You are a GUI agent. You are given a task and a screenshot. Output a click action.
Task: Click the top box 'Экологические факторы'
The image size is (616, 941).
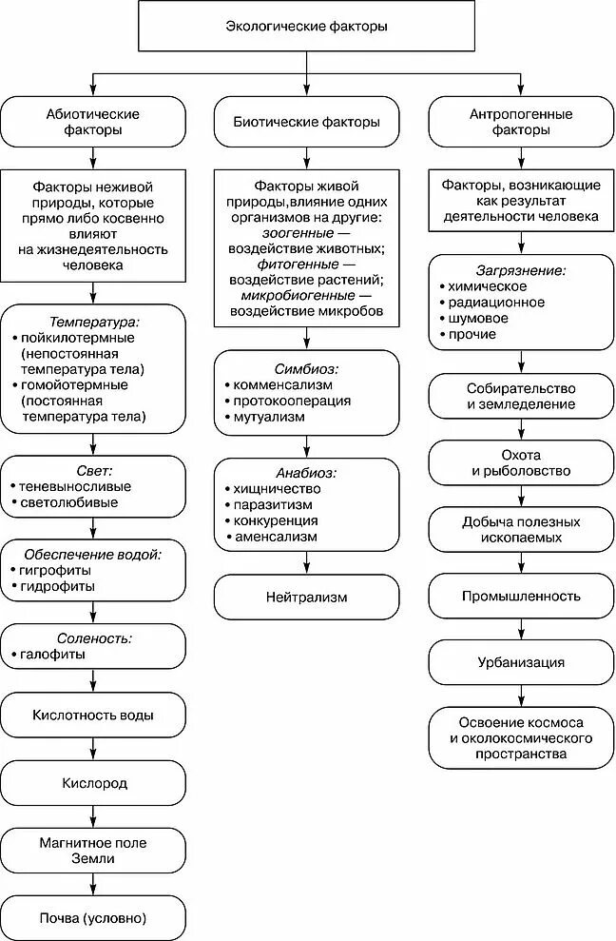click(306, 26)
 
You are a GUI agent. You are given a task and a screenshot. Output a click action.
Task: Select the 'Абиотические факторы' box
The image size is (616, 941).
click(91, 121)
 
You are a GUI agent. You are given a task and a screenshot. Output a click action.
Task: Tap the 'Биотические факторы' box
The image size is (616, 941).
click(306, 121)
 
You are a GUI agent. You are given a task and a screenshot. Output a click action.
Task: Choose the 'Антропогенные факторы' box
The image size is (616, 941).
click(521, 121)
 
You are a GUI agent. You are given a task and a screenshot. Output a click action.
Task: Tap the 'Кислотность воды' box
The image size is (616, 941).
click(92, 715)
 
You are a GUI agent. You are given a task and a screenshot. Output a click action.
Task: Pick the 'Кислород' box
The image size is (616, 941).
click(92, 783)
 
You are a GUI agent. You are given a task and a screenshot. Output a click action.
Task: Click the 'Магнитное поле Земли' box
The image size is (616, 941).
click(91, 850)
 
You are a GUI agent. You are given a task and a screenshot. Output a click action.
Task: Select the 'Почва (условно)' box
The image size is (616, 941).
click(92, 918)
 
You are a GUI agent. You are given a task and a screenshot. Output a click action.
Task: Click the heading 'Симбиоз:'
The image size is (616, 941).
click(307, 367)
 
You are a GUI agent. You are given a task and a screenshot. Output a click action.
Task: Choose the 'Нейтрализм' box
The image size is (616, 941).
click(306, 598)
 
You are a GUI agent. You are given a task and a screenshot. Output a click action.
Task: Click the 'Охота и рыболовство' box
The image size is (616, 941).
click(521, 462)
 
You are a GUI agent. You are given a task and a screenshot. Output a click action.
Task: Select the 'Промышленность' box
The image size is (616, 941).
click(521, 597)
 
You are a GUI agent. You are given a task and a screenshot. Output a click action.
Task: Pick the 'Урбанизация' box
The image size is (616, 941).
click(521, 662)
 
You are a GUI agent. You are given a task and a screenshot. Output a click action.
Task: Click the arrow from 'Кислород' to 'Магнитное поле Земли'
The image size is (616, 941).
click(92, 816)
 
